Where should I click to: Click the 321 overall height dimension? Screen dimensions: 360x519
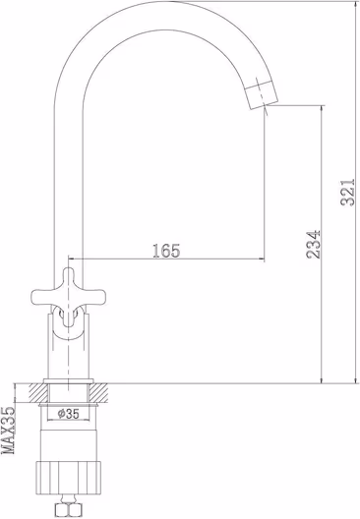click(348, 193)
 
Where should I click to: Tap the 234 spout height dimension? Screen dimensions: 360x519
click(314, 245)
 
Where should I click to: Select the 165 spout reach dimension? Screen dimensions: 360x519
click(166, 251)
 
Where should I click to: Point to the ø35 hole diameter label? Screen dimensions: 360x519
click(69, 414)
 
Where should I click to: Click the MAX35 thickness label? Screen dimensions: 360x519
click(9, 430)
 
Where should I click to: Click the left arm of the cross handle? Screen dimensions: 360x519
click(42, 296)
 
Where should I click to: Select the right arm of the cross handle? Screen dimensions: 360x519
click(94, 296)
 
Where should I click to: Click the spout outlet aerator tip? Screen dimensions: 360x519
click(263, 94)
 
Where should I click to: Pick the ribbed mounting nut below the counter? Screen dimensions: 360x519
click(68, 477)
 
